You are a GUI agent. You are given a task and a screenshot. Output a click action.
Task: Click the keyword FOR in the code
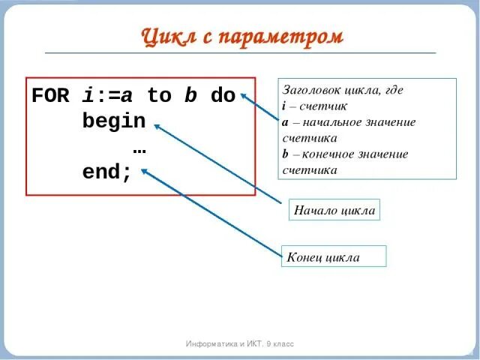[50, 96]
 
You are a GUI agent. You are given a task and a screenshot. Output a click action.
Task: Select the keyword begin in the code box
[114, 121]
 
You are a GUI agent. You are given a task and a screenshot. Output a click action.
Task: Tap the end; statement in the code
[107, 172]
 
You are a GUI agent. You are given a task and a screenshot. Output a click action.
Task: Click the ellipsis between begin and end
[139, 147]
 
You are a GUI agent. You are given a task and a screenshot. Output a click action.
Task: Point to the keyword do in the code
[223, 96]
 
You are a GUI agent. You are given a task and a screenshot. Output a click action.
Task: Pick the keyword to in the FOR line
[159, 96]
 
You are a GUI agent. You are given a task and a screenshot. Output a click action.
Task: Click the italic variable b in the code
[191, 96]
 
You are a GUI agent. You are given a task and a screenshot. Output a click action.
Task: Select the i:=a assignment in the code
[107, 96]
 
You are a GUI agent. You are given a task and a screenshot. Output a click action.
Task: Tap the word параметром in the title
[280, 37]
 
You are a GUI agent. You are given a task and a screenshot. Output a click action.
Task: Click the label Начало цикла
[334, 211]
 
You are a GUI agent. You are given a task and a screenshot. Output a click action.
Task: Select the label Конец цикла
[323, 258]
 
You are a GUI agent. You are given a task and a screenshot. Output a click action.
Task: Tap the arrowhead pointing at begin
[157, 125]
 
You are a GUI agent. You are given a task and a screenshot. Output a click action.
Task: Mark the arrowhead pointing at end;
[144, 171]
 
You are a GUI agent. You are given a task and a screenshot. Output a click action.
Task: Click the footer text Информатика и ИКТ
[222, 343]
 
